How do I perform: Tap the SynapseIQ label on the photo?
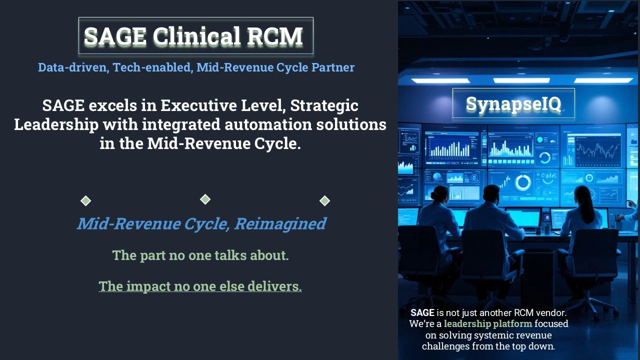pos(513,104)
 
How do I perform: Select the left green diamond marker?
pos(86,201)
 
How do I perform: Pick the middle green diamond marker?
pos(205,199)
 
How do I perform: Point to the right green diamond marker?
pos(325,201)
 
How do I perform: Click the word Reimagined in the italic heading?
pos(280,223)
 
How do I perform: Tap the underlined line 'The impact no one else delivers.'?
pos(200,286)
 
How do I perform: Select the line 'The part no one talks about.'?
pos(200,255)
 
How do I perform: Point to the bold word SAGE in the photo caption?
pos(422,312)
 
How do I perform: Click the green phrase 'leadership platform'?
pos(488,323)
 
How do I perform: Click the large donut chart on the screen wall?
pos(523,182)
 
